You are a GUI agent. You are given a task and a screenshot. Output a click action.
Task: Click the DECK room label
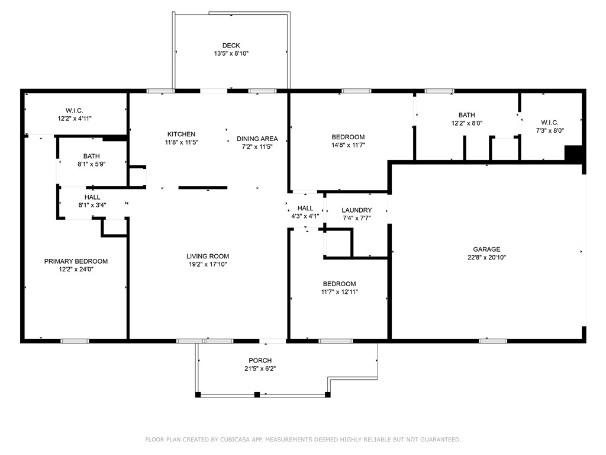pos(231,46)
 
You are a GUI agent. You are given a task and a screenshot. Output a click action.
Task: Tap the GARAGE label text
pos(486,249)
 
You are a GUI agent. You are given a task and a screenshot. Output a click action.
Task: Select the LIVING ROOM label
pos(208,256)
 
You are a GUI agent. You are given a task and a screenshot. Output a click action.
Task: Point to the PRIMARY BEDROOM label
pos(76,261)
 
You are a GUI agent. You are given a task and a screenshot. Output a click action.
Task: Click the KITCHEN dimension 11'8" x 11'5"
pos(181,142)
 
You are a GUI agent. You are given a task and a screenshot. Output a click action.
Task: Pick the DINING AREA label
pos(257,139)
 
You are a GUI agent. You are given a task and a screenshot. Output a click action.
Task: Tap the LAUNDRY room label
pos(357,210)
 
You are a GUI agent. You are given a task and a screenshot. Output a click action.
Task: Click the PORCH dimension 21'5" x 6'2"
pos(260,369)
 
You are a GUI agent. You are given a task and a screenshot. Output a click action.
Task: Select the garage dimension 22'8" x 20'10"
pos(486,257)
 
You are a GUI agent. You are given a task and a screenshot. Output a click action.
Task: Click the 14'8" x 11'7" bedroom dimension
pos(348,145)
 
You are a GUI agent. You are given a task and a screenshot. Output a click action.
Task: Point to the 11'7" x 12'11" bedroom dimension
pos(339,291)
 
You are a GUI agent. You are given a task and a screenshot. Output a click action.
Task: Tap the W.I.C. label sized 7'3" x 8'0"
pos(550,123)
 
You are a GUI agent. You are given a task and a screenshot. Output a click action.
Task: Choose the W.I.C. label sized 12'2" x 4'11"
pos(74,111)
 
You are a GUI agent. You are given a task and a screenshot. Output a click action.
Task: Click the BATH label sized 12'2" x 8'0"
pos(467,115)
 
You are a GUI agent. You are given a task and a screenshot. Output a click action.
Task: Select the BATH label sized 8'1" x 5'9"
pos(92,156)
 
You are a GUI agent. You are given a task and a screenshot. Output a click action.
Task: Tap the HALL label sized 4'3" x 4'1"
pos(305,208)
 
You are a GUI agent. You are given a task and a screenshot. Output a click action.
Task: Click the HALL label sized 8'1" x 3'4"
pos(92,197)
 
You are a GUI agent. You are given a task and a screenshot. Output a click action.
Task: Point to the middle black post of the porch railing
pos(257,395)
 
